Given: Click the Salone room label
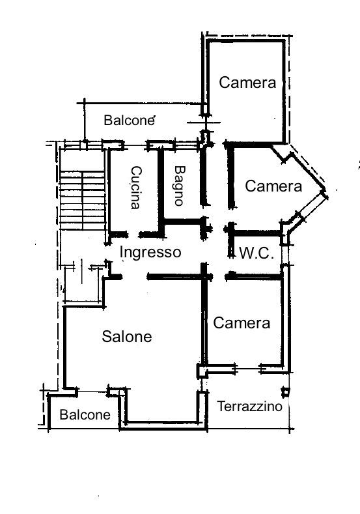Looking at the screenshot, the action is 127,336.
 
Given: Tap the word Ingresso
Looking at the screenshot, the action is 150,252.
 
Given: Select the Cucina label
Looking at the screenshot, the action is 136,188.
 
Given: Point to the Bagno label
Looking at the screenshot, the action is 180,186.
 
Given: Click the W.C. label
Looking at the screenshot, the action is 256,253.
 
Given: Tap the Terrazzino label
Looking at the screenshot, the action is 249,407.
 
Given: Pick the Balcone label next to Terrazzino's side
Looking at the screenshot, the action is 85,415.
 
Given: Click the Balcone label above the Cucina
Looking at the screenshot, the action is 129,121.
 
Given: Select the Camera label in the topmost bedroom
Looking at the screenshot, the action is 247,83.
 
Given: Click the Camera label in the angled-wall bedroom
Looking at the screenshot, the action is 273,186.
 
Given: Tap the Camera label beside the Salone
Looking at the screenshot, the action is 242,323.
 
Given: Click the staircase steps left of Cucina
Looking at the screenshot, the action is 83,200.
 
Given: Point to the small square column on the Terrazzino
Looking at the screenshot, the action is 286,392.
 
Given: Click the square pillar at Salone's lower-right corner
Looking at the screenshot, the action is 202,371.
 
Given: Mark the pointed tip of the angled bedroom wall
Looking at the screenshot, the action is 326,193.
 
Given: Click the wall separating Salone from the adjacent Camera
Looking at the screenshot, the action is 204,321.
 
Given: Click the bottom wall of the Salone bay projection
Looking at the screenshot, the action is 163,425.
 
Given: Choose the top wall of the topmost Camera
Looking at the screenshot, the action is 245,41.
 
